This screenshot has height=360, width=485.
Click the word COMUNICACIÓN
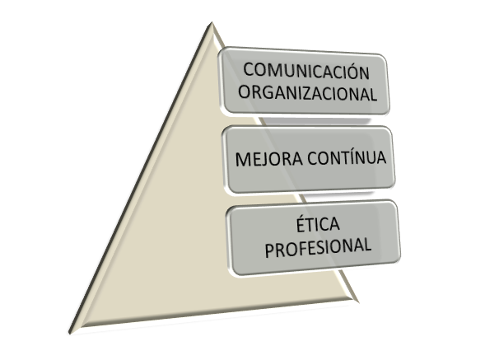click(x=306, y=71)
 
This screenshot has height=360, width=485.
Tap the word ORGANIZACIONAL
click(x=308, y=92)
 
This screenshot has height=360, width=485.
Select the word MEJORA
click(x=268, y=159)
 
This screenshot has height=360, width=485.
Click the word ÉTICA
click(x=318, y=224)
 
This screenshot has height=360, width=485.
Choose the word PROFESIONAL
click(x=318, y=247)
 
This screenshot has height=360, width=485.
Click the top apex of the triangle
click(x=212, y=22)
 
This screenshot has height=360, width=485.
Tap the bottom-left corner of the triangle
click(x=69, y=334)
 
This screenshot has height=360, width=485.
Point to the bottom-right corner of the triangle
click(x=358, y=302)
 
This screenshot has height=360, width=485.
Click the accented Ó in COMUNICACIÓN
click(x=352, y=71)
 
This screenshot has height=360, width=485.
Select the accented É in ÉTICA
click(x=301, y=224)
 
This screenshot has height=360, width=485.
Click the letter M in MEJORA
click(x=244, y=160)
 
